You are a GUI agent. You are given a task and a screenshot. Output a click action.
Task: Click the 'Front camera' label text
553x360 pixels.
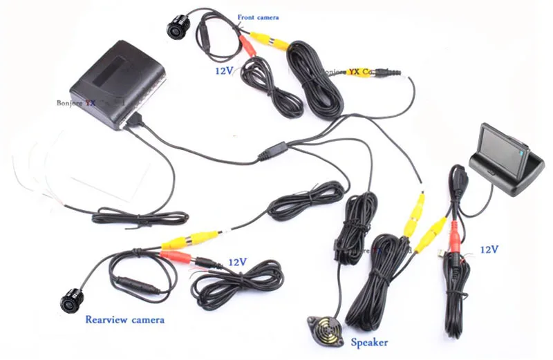click(258, 17)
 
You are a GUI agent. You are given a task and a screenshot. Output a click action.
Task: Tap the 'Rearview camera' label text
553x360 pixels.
click(124, 320)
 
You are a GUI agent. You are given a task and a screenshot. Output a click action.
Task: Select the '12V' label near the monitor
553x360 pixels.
click(487, 249)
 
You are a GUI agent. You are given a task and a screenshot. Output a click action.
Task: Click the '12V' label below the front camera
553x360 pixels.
click(225, 70)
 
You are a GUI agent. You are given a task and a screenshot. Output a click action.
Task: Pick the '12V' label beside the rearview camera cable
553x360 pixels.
click(238, 263)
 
